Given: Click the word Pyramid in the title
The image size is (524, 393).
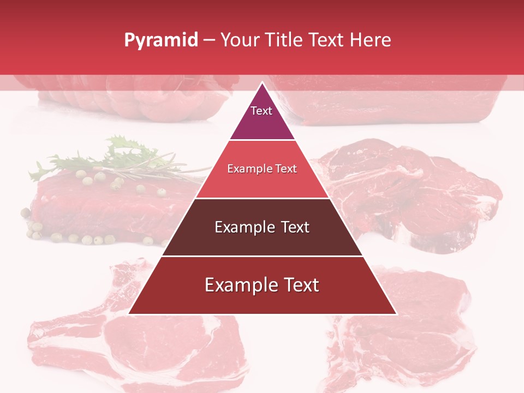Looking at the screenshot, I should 160,40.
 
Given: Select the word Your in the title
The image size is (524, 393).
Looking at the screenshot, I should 240,40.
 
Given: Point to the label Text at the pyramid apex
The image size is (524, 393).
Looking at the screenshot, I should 261,111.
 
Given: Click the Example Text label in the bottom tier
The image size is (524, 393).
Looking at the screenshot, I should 262,285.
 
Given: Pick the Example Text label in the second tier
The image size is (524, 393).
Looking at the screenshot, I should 262,169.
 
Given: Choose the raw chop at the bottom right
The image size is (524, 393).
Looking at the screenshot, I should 404,333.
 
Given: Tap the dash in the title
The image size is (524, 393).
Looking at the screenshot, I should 209,40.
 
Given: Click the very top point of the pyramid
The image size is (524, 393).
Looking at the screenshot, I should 262,83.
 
